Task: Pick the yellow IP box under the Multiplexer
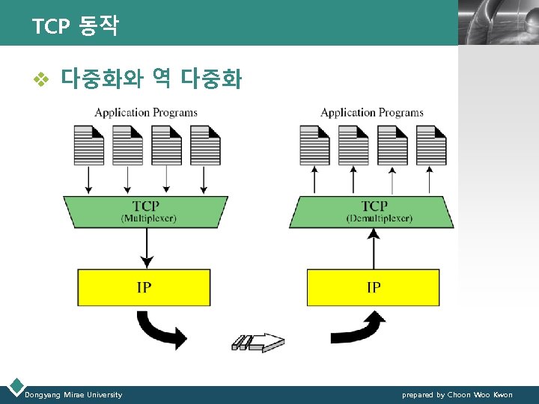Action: [144, 287]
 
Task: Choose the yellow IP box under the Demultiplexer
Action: [373, 287]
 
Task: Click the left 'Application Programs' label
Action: [146, 113]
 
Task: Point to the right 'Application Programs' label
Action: [372, 113]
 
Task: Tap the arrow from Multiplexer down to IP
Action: [147, 247]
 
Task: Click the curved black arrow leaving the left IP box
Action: [162, 330]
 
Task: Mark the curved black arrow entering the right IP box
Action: [358, 328]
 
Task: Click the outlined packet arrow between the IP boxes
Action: [259, 343]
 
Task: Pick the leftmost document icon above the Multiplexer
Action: [89, 144]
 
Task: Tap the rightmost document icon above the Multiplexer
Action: [205, 144]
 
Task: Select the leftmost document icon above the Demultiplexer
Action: [314, 144]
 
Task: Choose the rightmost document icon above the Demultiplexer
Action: [431, 144]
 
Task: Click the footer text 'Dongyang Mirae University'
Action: [73, 394]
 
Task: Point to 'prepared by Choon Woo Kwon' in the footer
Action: [457, 394]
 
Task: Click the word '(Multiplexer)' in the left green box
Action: [148, 218]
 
